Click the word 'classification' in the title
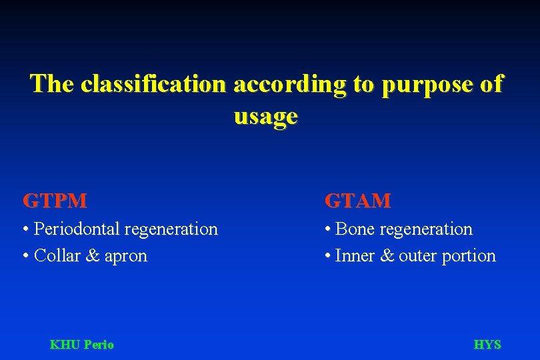point(152,84)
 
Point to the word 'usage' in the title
point(265,117)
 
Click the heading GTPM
point(55,200)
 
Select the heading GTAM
point(357,200)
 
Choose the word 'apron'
point(125,257)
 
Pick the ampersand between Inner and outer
point(387,255)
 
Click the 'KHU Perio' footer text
point(82,345)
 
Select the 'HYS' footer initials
point(487,345)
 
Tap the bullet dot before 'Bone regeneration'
point(328,230)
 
